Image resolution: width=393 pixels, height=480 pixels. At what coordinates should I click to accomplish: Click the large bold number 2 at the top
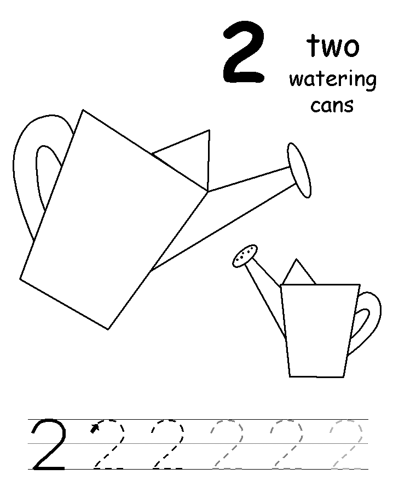click(x=244, y=52)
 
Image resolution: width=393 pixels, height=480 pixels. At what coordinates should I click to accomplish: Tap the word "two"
click(x=333, y=46)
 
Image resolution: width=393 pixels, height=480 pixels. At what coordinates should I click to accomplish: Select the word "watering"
click(x=333, y=80)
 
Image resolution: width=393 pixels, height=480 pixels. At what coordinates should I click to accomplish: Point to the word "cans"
click(x=332, y=105)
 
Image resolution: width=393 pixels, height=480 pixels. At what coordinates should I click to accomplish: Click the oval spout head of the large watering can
click(x=299, y=170)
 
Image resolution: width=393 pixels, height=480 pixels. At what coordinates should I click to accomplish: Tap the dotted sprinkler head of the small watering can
click(x=245, y=255)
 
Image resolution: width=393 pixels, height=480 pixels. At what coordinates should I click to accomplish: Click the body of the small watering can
click(x=320, y=330)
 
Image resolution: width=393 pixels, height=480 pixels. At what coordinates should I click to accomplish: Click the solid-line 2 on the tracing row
click(x=49, y=444)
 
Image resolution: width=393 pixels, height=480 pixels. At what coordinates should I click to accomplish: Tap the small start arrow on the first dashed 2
click(x=95, y=428)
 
